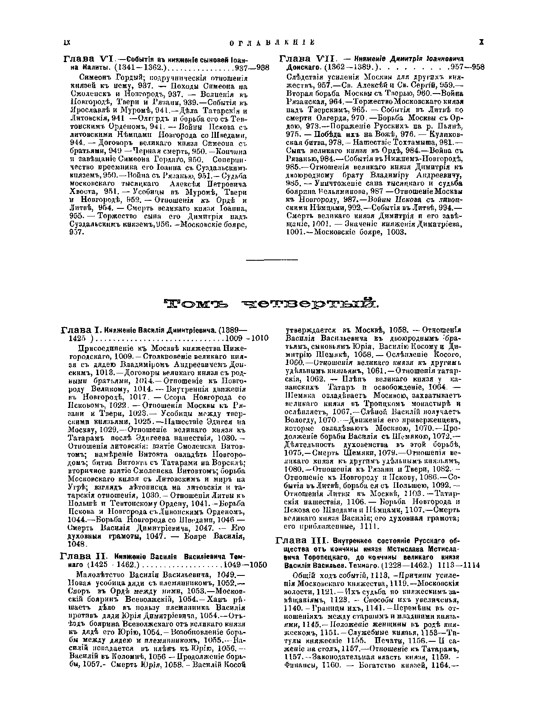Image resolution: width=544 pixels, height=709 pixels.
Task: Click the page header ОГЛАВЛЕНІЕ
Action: tap(272, 43)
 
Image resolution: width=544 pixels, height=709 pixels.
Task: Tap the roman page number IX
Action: tap(66, 43)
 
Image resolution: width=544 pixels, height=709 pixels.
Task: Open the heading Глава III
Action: tap(301, 541)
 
